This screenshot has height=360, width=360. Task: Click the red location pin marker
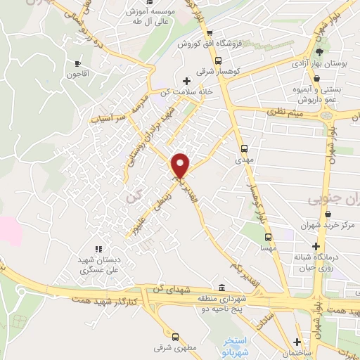181,165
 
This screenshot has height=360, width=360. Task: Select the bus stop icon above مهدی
245,149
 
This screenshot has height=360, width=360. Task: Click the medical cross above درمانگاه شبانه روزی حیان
316,247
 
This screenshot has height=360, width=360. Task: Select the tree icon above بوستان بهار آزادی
321,52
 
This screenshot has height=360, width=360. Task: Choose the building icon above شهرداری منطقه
222,288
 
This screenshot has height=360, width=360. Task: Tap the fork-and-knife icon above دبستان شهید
98,248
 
